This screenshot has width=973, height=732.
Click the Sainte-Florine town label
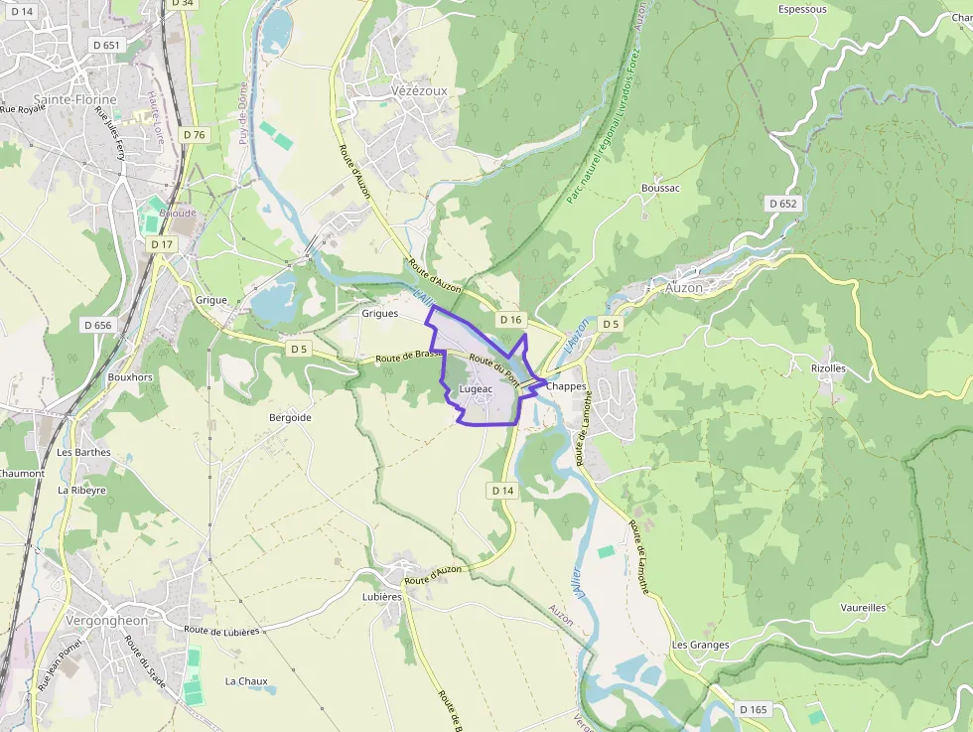click(x=74, y=99)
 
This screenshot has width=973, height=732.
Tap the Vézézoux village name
click(x=412, y=90)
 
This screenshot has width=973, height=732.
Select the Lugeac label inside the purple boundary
click(x=476, y=389)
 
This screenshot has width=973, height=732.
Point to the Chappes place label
click(x=567, y=385)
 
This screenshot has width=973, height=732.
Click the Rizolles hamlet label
click(x=828, y=367)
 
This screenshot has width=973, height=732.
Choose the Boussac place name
click(x=660, y=189)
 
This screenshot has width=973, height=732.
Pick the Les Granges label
click(x=700, y=645)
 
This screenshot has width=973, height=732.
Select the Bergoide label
click(x=290, y=417)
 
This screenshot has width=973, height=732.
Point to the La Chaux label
click(x=246, y=680)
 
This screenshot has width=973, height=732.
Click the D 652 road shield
click(x=782, y=204)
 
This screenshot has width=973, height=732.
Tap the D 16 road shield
click(x=510, y=319)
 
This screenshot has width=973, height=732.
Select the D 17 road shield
click(x=161, y=243)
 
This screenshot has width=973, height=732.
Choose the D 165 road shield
click(x=754, y=708)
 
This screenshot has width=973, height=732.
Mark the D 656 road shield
click(x=98, y=325)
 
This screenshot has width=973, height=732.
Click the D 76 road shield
click(x=195, y=134)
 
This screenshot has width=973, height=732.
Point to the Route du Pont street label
click(x=493, y=370)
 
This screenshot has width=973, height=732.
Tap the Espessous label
click(x=802, y=9)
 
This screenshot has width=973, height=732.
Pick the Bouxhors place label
click(x=130, y=377)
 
